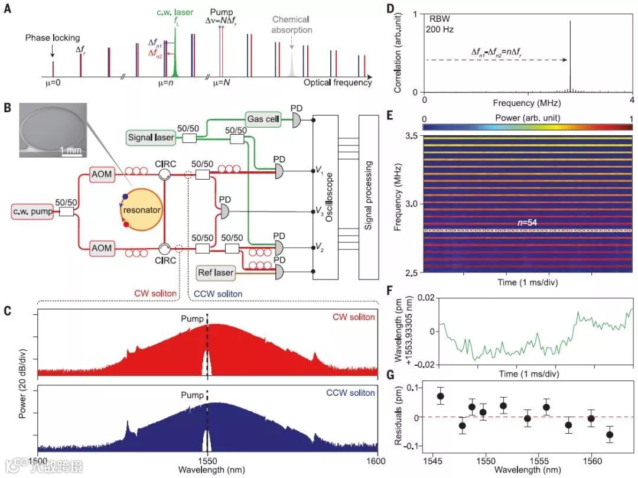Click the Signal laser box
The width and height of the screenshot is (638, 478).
coord(151,138)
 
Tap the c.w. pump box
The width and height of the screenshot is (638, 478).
coord(32,211)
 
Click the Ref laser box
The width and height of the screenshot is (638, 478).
coord(216,274)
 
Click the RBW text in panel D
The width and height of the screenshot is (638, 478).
coord(438,15)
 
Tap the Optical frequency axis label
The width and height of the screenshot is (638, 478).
coord(337,83)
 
